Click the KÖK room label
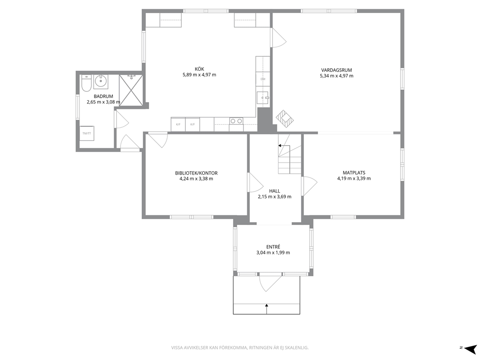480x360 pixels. click(199, 69)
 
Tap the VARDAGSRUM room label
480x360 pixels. click(336, 70)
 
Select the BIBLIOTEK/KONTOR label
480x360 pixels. click(196, 173)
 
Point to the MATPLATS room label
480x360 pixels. click(354, 173)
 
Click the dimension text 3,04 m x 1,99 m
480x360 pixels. click(273, 253)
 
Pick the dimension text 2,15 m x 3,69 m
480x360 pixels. click(274, 197)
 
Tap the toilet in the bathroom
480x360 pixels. click(86, 83)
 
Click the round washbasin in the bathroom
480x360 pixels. click(101, 81)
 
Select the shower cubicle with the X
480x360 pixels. click(131, 90)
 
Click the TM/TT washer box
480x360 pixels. click(87, 133)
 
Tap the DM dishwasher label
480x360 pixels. click(263, 79)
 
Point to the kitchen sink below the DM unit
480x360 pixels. click(263, 98)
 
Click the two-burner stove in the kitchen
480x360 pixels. click(236, 121)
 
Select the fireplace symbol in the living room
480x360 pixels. click(285, 119)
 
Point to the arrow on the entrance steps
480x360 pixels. click(267, 309)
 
